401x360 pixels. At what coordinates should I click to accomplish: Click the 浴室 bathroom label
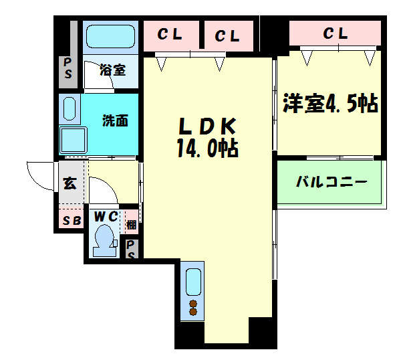tap(112, 70)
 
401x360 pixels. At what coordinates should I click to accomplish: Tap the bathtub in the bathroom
tap(110, 36)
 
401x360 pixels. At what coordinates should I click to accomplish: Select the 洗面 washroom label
tap(115, 121)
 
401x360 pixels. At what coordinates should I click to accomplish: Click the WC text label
tap(105, 217)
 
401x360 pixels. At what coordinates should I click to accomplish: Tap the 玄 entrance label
tap(69, 183)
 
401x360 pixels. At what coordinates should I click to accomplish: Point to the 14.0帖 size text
tap(208, 148)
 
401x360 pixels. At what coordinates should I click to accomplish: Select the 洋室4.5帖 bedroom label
tap(330, 104)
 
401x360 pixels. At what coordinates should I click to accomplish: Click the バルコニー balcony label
tap(331, 181)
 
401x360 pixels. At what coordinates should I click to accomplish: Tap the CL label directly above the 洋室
tap(336, 33)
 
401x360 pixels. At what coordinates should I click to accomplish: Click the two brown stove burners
tap(194, 308)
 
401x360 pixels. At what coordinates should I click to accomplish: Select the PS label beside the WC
tap(132, 249)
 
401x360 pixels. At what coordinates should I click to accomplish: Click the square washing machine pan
tap(74, 141)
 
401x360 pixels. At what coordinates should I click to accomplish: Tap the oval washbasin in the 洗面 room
tap(70, 108)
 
